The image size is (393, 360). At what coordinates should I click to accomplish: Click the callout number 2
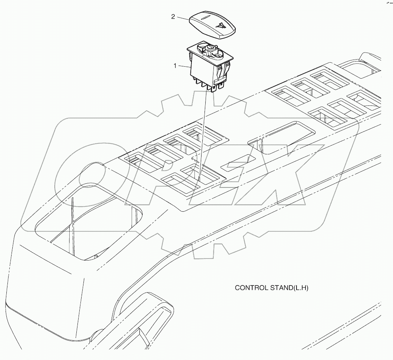coord(173,17)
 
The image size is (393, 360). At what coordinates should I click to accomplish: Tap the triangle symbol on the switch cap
coord(221,26)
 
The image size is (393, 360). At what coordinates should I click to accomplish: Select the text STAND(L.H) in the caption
coord(292,288)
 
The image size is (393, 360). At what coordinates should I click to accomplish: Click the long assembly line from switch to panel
coord(203,130)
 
